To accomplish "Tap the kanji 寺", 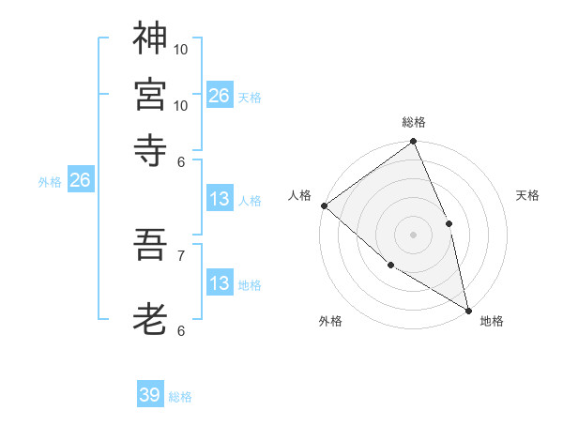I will tap(150, 148).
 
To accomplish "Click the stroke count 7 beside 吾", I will tap(180, 254).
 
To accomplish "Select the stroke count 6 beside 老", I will tap(180, 330).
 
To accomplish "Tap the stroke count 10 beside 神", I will tap(181, 49).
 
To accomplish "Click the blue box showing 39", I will tap(150, 395).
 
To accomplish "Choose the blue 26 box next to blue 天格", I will tap(219, 95).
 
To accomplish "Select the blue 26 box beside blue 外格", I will tap(80, 180).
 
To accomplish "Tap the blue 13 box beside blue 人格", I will tap(219, 199).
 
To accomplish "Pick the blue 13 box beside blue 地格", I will tap(219, 283).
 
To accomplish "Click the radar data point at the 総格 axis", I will tap(413, 143).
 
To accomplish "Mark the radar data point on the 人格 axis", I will tap(324, 205).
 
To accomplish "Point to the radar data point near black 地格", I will tap(467, 309).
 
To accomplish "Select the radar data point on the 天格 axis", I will tap(449, 223).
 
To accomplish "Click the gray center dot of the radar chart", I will tap(413, 235).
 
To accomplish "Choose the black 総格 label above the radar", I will tap(413, 122).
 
